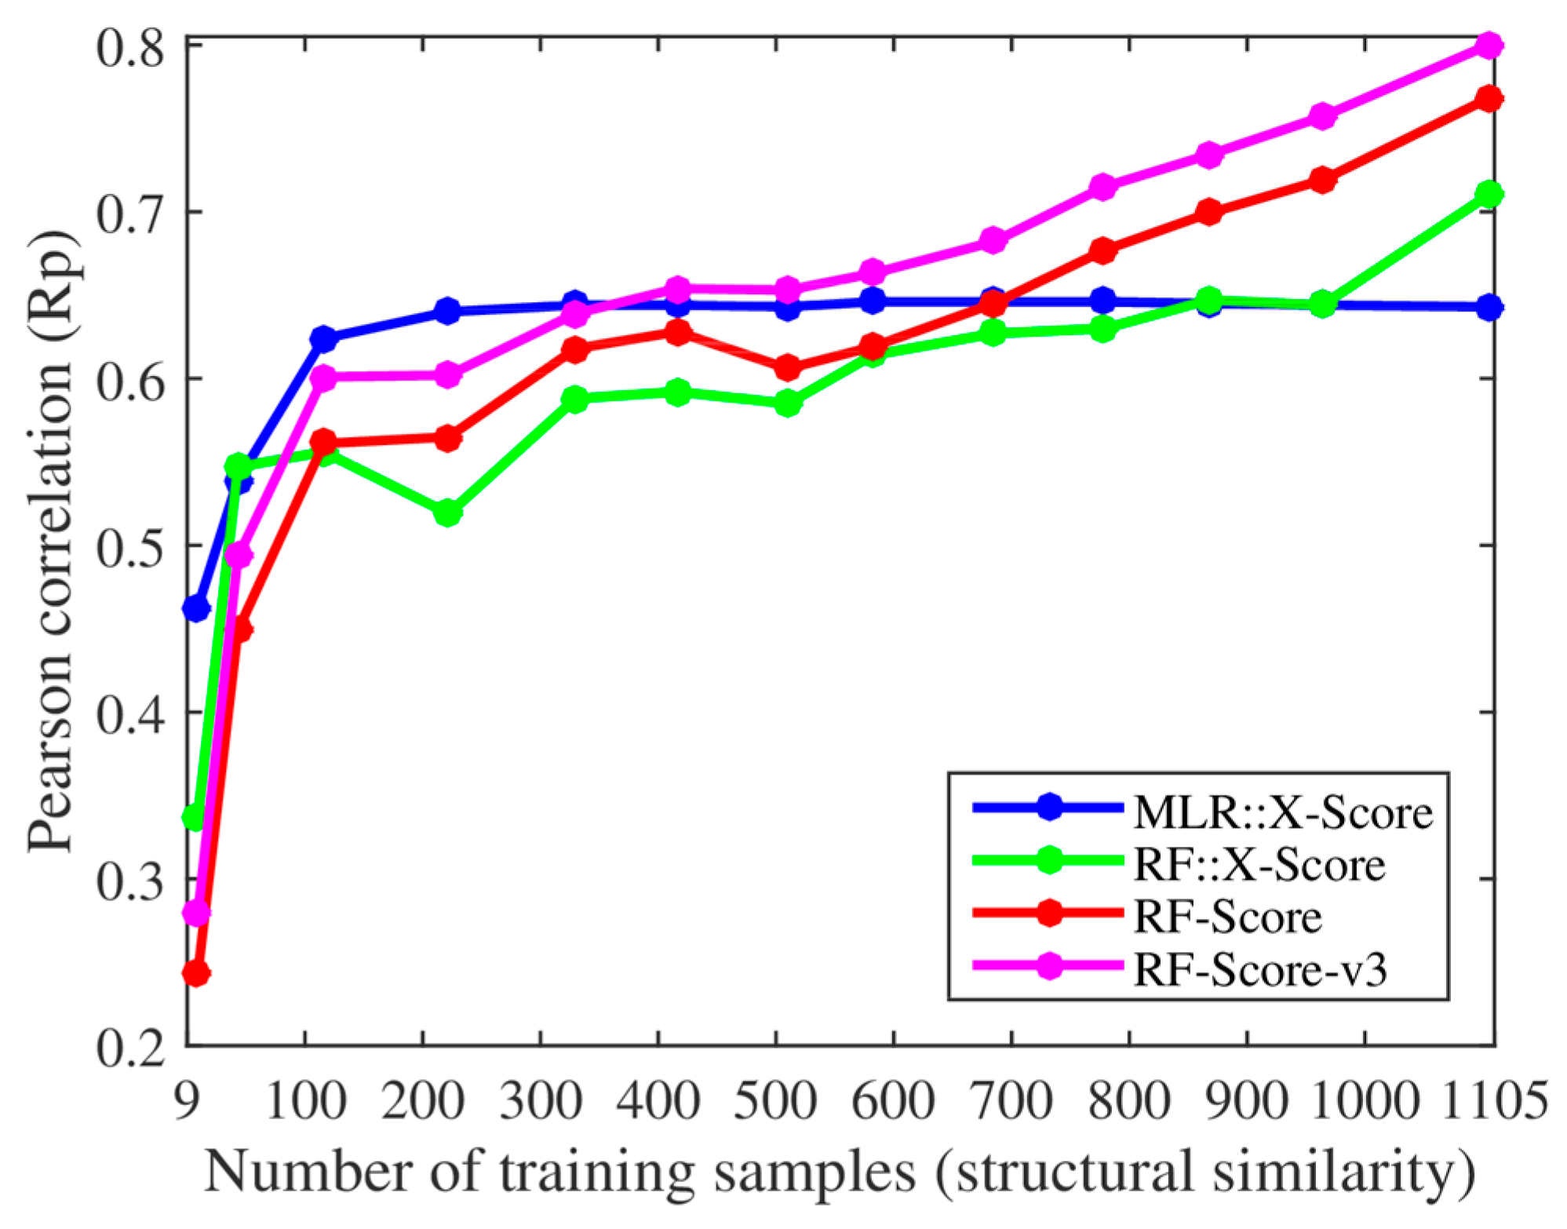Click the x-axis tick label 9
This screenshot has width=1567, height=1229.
(186, 1100)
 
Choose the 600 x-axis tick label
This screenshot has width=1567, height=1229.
(893, 1100)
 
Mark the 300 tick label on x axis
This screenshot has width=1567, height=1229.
(541, 1100)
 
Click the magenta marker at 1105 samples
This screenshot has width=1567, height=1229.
(1489, 46)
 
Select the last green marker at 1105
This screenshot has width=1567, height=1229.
(1489, 194)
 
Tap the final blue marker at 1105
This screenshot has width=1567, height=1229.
(1489, 308)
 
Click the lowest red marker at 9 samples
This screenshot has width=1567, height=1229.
(195, 973)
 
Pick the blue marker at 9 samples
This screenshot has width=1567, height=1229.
(195, 608)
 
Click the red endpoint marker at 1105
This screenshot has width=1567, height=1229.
(1489, 99)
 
